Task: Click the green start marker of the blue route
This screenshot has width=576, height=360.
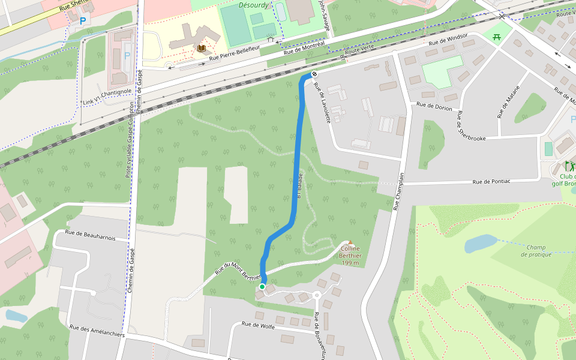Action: (262, 287)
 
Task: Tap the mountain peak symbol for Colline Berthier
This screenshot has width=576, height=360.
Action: (350, 242)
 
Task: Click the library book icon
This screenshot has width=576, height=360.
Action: (202, 49)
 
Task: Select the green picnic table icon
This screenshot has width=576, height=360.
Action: (497, 37)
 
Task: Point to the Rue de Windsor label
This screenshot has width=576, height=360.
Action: (448, 40)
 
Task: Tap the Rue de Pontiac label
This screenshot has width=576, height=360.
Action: (491, 181)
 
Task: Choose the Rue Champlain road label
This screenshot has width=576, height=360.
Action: (399, 191)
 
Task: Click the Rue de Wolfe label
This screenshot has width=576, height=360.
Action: (258, 325)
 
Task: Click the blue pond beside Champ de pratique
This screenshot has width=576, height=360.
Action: (480, 243)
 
